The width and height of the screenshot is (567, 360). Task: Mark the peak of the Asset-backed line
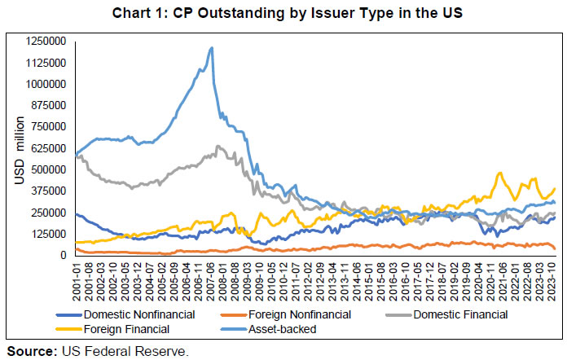(x=213, y=48)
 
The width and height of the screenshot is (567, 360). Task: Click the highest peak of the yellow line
(x=500, y=173)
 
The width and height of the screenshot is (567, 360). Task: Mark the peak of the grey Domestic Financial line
(x=218, y=147)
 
